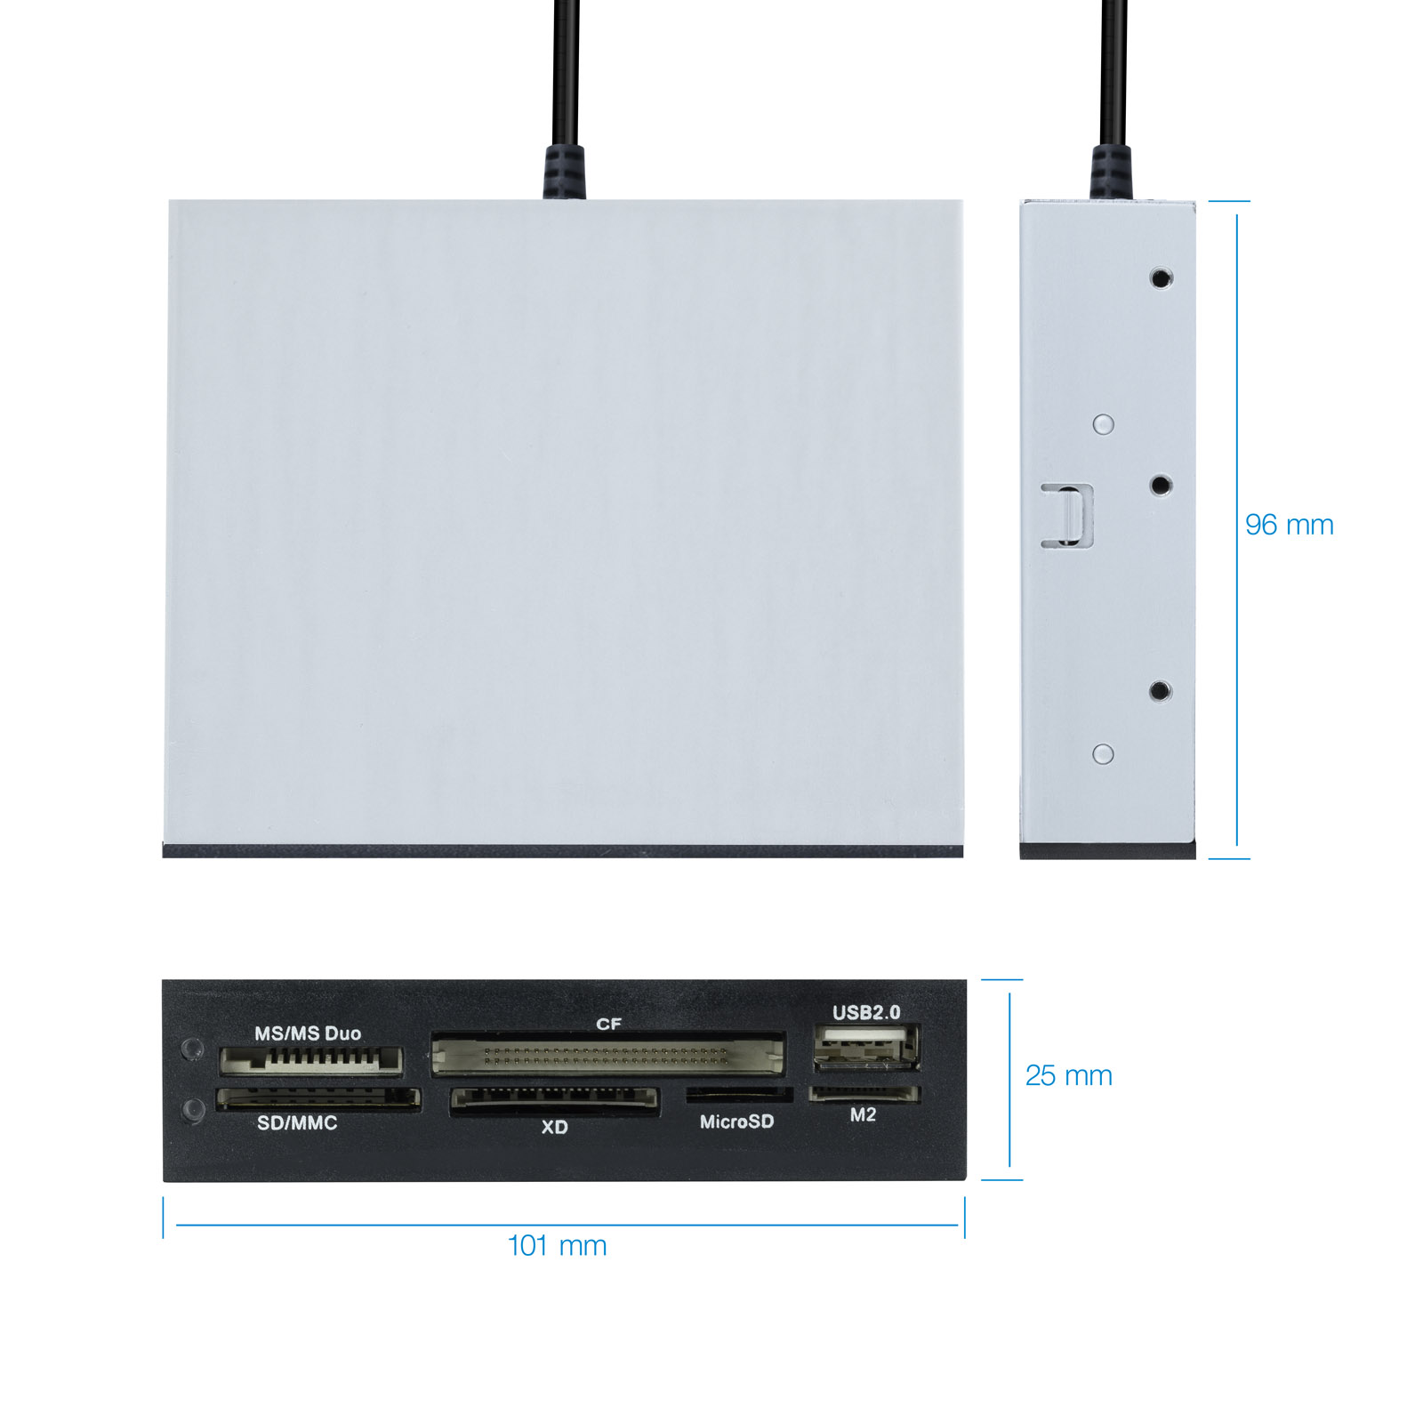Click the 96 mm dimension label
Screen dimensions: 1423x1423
click(x=1289, y=525)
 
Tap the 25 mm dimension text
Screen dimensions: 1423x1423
click(x=1068, y=1075)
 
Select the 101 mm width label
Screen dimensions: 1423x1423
click(x=557, y=1245)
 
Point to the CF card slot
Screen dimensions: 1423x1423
click(x=608, y=1055)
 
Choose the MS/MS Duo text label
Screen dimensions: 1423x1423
click(x=308, y=1033)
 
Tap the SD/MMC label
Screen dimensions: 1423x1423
click(x=297, y=1123)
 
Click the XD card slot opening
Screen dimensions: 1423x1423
click(x=554, y=1100)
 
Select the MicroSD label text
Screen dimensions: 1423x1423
click(x=736, y=1122)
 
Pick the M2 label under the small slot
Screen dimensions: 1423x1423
click(x=863, y=1115)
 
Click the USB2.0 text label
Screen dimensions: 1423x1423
click(x=866, y=1012)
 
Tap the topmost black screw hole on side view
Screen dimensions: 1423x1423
click(x=1161, y=278)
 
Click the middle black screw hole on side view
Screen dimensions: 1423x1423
click(x=1161, y=486)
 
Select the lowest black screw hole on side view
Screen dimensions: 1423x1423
click(x=1160, y=691)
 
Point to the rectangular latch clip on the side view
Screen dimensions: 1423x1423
click(x=1067, y=515)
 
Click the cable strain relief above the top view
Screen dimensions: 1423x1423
click(x=565, y=173)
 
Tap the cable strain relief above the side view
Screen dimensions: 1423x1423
click(x=1112, y=173)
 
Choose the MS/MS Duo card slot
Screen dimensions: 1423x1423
click(x=311, y=1060)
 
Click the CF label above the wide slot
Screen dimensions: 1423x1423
click(x=608, y=1025)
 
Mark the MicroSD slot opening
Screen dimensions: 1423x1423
click(x=739, y=1095)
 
